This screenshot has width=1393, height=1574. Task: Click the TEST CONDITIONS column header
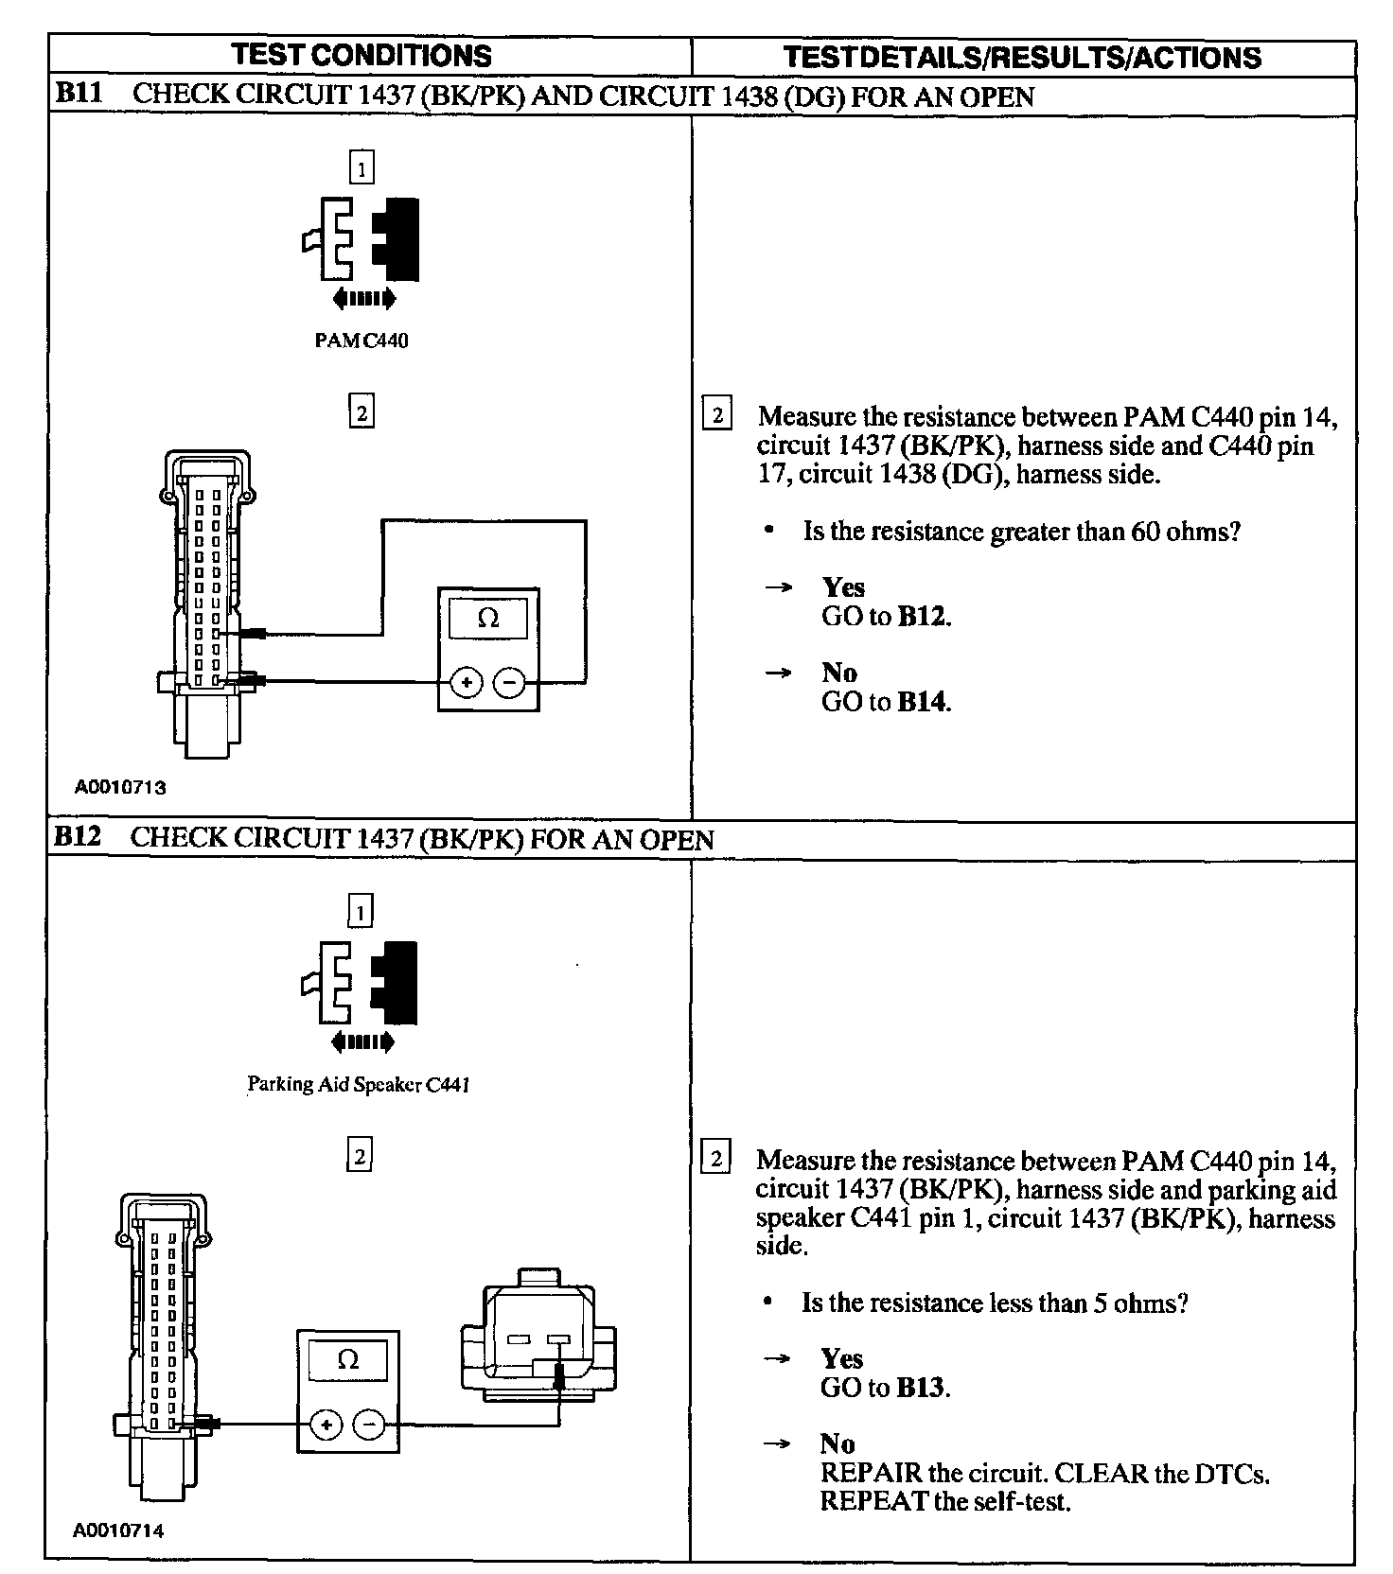pos(361,55)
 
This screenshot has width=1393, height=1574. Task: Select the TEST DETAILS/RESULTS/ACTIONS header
pos(1022,57)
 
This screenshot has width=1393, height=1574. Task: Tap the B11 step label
pos(79,95)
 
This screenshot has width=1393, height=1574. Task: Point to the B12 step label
pos(78,837)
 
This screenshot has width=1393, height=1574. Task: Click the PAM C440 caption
pos(361,341)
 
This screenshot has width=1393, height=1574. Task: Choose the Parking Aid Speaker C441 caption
pos(359,1084)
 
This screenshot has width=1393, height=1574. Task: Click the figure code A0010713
pos(121,786)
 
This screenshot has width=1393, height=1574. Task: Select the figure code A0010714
pos(119,1530)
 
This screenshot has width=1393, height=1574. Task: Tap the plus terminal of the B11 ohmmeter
pos(466,682)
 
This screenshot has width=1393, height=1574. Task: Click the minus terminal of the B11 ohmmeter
pos(509,682)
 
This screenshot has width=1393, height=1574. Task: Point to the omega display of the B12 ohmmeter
pos(347,1361)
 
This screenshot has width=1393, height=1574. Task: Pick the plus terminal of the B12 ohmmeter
pos(326,1425)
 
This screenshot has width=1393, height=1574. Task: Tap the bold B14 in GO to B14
pos(922,702)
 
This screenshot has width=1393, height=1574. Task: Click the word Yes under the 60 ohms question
pos(843,587)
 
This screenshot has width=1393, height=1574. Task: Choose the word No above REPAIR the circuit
pos(838,1443)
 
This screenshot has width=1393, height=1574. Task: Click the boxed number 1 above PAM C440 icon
pos(361,168)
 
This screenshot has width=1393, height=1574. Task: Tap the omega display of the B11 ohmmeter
pos(488,618)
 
